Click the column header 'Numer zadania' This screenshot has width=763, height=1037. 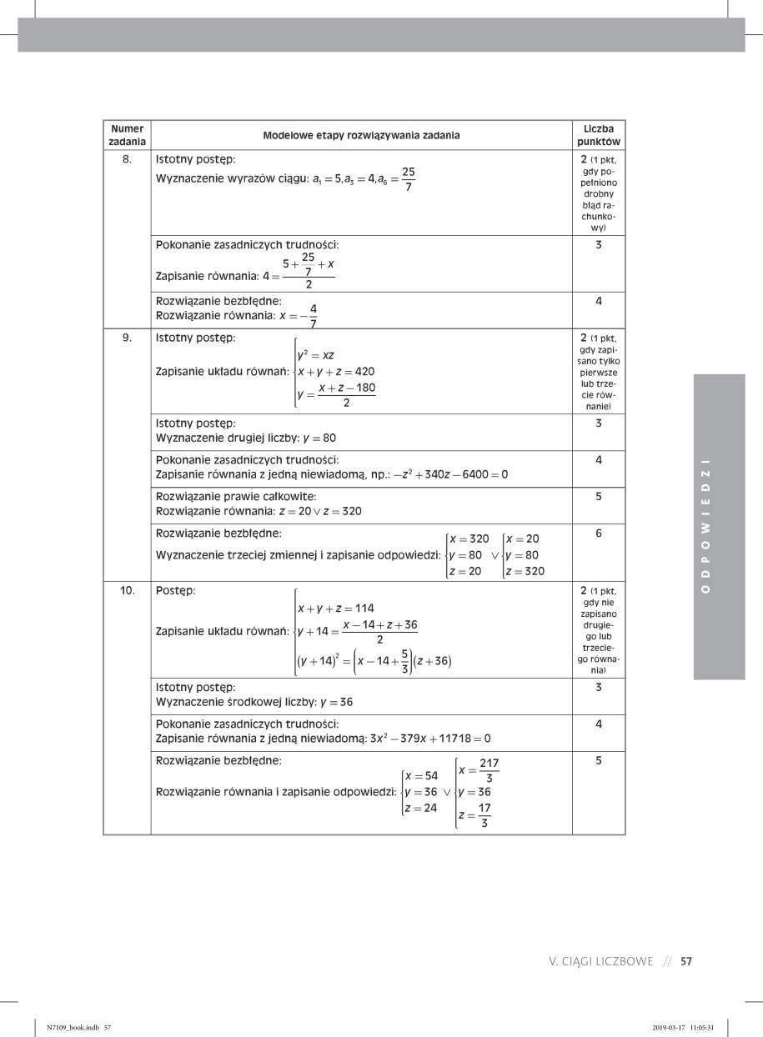[127, 136]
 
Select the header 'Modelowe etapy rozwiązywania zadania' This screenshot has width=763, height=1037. [361, 136]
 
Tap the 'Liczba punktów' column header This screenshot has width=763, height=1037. [599, 136]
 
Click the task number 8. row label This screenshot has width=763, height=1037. [127, 157]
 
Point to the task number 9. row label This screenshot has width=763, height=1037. [127, 338]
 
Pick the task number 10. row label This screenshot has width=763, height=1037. [127, 591]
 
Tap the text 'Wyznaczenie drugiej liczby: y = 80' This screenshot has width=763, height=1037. [246, 437]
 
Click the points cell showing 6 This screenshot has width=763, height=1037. [599, 533]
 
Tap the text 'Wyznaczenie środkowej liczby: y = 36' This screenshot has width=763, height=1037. [254, 701]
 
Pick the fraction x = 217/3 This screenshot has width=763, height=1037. [479, 770]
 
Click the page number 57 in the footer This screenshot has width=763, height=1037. [686, 961]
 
